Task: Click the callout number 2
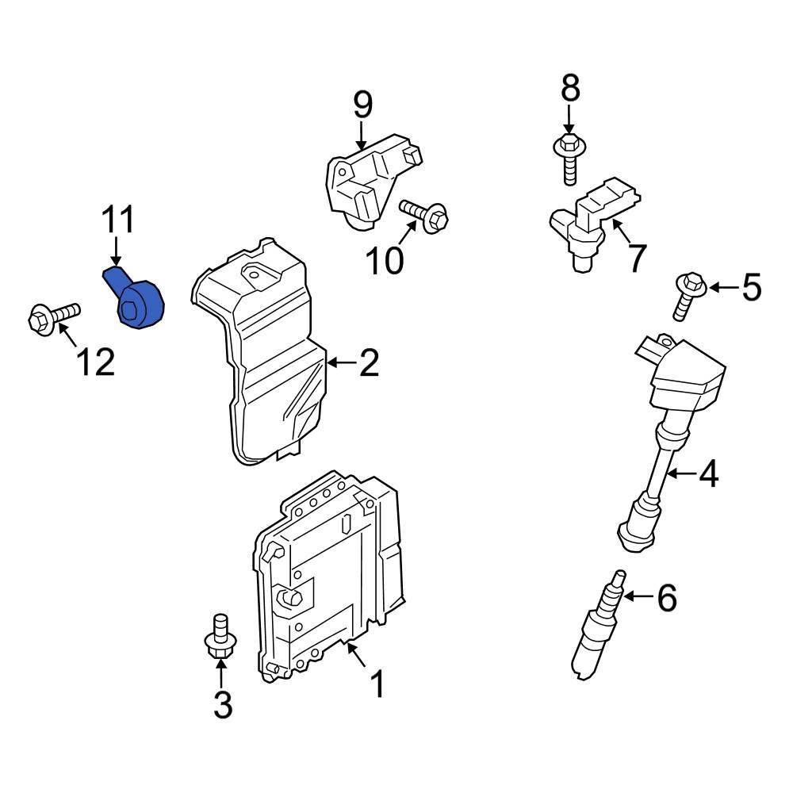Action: coord(368,363)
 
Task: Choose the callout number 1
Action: coord(377,684)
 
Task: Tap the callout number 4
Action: coord(707,474)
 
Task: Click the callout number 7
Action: coord(636,258)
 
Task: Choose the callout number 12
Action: coord(95,362)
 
